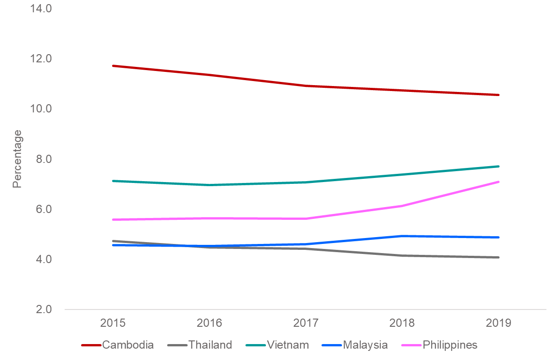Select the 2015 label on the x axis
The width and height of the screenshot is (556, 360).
(x=113, y=323)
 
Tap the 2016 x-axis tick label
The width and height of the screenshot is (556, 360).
(x=209, y=323)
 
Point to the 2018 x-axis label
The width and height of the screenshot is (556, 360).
(x=402, y=323)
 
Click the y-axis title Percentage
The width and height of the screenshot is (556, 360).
(x=17, y=159)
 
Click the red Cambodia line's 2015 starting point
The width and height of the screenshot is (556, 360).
(x=113, y=66)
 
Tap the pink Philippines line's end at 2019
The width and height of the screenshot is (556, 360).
(x=499, y=182)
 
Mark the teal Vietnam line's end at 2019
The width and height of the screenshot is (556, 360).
(x=499, y=166)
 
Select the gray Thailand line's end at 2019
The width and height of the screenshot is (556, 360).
(x=499, y=257)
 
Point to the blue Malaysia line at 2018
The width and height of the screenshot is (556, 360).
(x=402, y=236)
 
